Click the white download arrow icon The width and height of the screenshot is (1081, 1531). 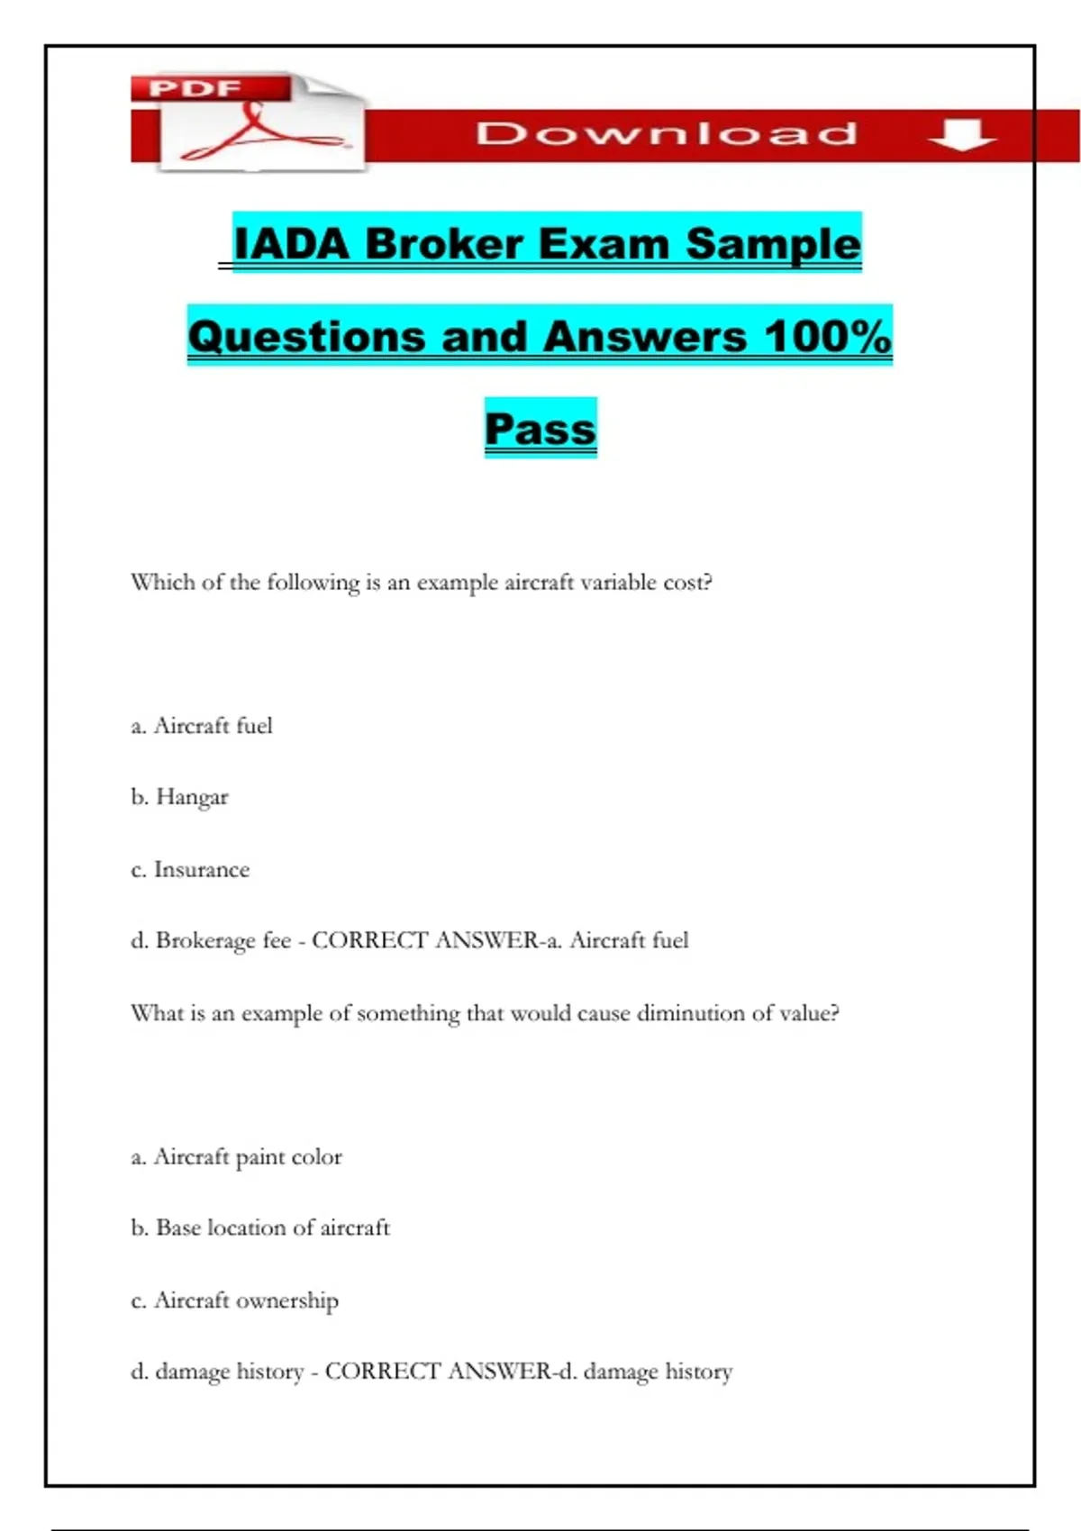[961, 134]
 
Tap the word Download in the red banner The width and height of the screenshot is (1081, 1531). [667, 134]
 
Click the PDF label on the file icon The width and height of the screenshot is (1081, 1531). [195, 88]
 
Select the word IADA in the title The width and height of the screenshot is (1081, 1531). [290, 244]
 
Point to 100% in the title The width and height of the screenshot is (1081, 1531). [828, 337]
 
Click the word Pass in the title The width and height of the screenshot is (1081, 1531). [540, 429]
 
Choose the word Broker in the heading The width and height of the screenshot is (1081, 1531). [444, 244]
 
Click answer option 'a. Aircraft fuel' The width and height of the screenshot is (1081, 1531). [202, 726]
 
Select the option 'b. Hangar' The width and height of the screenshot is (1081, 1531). [180, 797]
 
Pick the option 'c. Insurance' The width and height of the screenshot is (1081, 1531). [190, 869]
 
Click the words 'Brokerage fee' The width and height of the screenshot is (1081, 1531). [223, 940]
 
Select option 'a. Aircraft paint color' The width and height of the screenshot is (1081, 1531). [236, 1156]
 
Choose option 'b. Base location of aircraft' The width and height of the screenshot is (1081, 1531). [260, 1228]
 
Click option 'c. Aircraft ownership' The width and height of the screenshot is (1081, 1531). [234, 1300]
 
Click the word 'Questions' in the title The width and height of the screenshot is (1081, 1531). [306, 337]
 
